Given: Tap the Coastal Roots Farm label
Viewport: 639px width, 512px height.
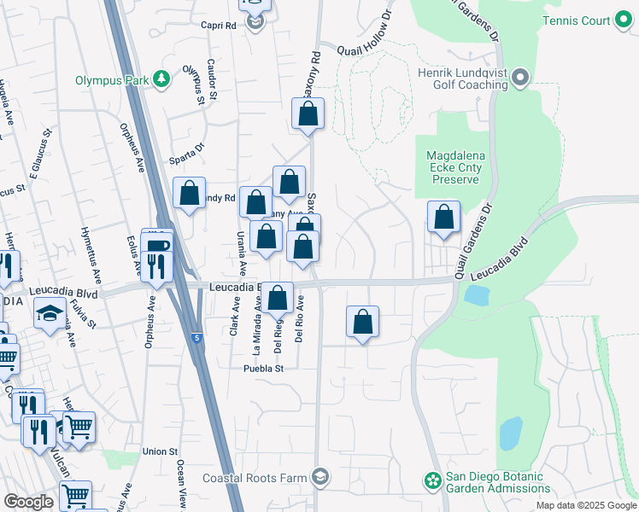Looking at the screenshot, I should click(x=254, y=477).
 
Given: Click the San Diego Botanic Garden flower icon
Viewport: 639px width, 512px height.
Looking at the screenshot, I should click(x=432, y=482).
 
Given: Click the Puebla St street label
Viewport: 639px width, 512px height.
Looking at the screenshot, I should click(x=262, y=368).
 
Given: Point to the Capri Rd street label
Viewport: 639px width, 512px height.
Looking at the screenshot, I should click(x=218, y=26).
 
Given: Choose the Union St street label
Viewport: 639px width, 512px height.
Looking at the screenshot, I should click(x=160, y=451).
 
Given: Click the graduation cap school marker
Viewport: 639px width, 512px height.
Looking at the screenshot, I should click(x=50, y=313).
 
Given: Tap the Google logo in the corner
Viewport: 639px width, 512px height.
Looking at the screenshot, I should click(x=28, y=502).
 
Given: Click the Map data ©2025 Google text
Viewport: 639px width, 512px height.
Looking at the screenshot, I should click(x=586, y=505).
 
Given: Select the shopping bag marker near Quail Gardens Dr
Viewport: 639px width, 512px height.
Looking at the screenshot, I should click(x=444, y=218).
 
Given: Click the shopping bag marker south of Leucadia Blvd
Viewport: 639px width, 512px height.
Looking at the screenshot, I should click(x=363, y=322).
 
